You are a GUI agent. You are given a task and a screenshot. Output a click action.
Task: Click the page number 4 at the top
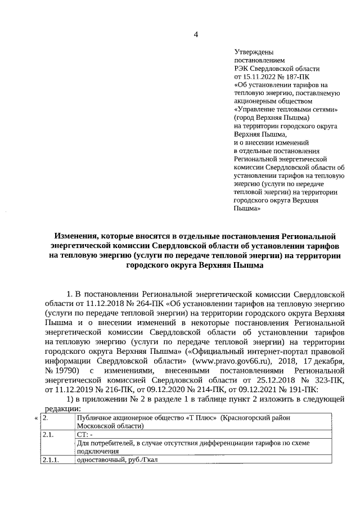coord(196,35)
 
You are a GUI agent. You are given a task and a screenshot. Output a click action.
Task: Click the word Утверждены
coord(253,52)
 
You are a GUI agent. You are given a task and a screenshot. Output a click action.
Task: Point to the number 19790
coord(65,371)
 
